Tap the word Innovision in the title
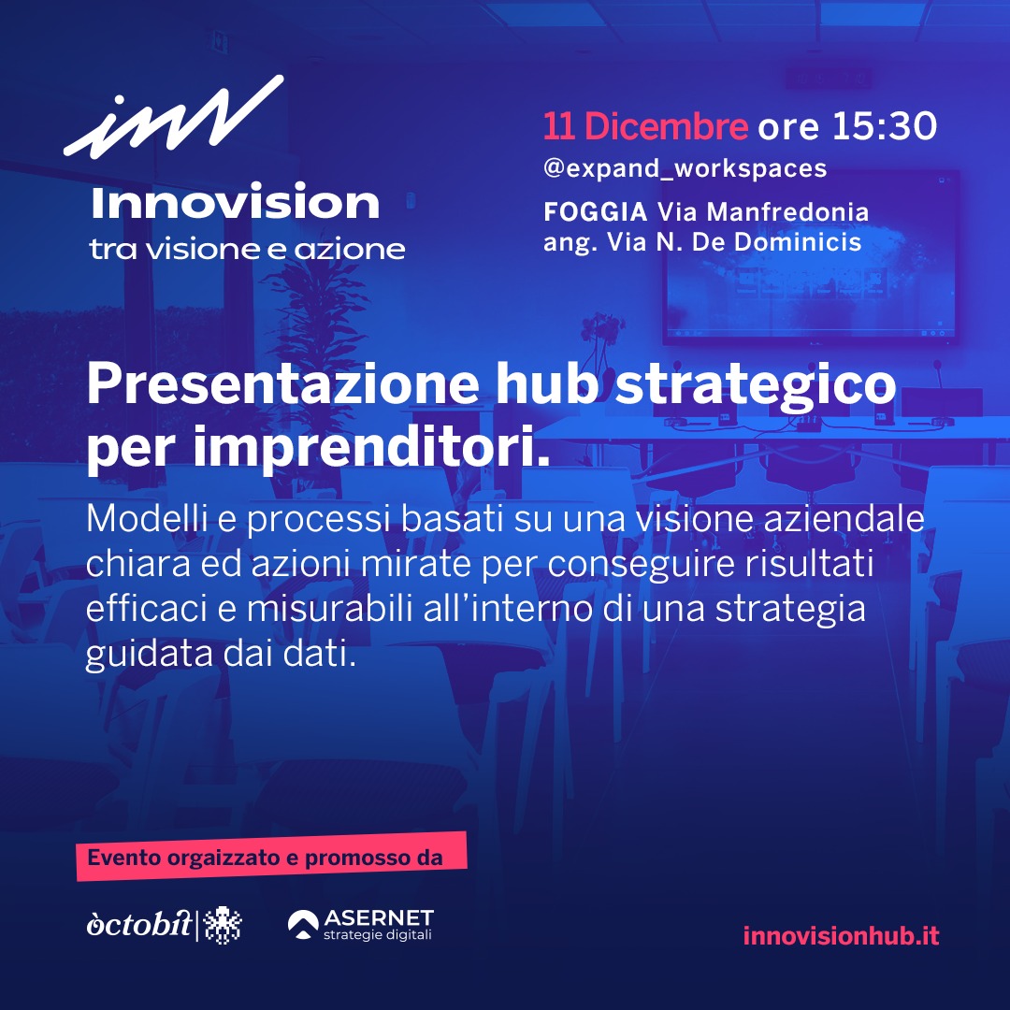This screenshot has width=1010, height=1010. pos(235,202)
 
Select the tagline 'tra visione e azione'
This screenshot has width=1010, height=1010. pos(247,250)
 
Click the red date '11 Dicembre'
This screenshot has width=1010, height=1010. pos(645,125)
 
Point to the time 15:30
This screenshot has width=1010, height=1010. pos(885,125)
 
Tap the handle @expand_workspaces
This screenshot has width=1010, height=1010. pos(685,168)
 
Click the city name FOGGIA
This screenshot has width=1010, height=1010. pos(595,211)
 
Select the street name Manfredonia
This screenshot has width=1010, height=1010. pos(787,211)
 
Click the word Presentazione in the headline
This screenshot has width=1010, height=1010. pos(282,384)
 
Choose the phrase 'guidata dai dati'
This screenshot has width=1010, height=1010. pos(221,655)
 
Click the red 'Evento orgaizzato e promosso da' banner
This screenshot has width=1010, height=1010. pos(271,857)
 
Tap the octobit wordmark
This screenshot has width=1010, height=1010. pos(139,924)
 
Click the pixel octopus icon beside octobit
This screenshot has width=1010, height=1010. pos(223,925)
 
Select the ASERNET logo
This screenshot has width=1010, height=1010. pos(360,924)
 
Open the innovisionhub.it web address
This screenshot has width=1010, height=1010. pos(842,935)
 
